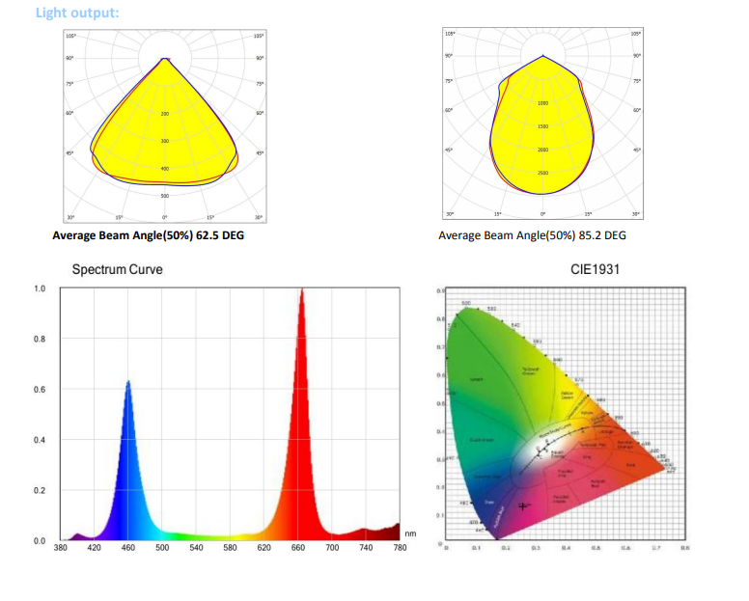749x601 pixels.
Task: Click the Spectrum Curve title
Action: (118, 270)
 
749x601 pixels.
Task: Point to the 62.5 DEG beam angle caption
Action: (148, 235)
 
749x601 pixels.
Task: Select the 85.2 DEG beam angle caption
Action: (532, 235)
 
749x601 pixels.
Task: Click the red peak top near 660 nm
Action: (301, 290)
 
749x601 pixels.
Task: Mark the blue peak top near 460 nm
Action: (127, 382)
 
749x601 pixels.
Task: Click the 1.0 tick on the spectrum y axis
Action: (40, 288)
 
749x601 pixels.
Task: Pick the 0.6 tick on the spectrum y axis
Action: (40, 390)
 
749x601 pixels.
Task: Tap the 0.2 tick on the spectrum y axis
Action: (40, 491)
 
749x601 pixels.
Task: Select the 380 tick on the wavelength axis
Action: (60, 548)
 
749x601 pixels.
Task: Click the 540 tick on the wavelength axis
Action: (196, 548)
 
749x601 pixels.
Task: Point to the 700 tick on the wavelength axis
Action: (332, 548)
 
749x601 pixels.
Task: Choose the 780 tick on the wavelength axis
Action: (400, 548)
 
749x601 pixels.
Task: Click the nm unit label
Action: (410, 533)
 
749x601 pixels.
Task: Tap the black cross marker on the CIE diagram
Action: (523, 505)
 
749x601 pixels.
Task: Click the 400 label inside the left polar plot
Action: (165, 169)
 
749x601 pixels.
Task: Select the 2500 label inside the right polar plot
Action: (542, 173)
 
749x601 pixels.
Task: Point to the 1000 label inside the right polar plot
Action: (542, 102)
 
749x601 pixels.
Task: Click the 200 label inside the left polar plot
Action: (165, 114)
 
